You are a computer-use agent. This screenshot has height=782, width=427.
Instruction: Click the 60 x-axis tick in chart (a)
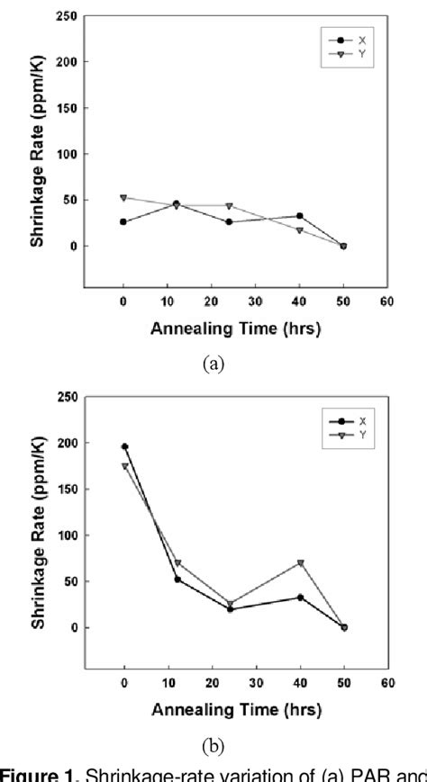point(386,302)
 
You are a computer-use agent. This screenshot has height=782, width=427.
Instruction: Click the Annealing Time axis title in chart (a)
point(236,328)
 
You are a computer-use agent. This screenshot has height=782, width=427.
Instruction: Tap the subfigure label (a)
point(213,363)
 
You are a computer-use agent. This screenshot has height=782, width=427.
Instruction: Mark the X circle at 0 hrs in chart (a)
point(123,221)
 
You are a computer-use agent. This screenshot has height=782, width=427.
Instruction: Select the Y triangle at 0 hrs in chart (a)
point(123,198)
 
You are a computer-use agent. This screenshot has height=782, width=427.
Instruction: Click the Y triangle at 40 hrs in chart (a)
point(299,230)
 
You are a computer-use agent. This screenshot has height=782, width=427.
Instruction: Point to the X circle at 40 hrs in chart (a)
point(299,216)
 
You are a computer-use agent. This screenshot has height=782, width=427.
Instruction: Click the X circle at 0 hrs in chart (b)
point(124,446)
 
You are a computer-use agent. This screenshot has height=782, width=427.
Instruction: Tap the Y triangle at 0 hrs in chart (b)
point(124,466)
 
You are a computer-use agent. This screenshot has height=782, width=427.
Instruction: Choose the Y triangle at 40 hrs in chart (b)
point(299,563)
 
